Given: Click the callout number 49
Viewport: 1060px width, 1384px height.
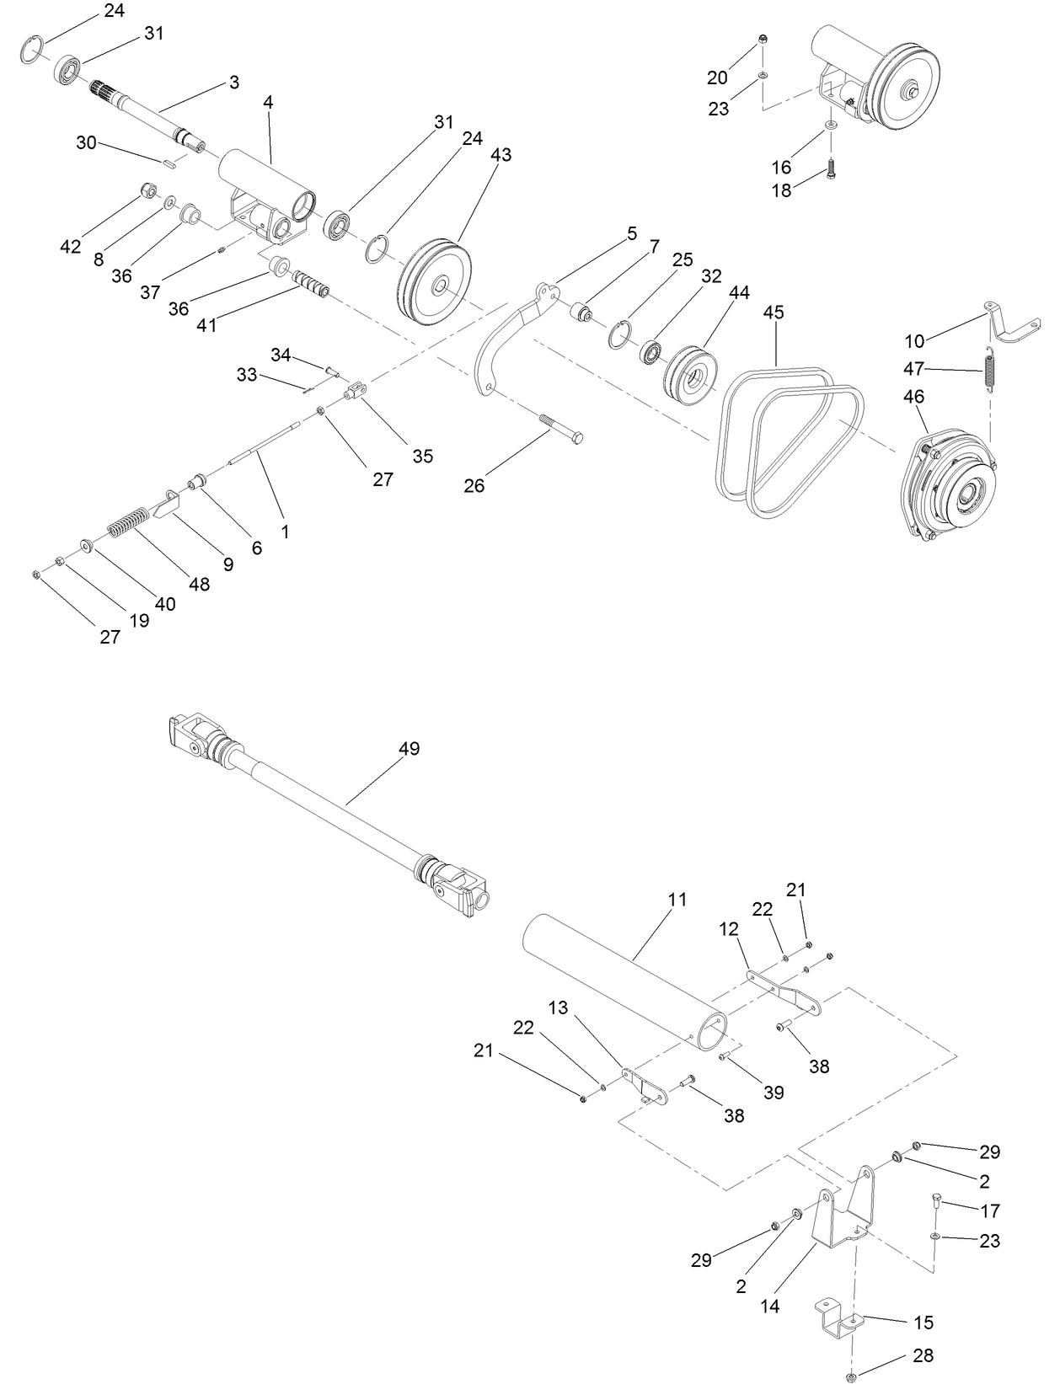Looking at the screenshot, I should pyautogui.click(x=409, y=748).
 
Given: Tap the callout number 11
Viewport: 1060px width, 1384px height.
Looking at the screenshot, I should pyautogui.click(x=677, y=899).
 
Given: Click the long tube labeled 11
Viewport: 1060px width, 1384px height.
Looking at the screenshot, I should pyautogui.click(x=624, y=982).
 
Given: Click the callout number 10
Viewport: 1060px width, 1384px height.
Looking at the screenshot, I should pyautogui.click(x=914, y=340).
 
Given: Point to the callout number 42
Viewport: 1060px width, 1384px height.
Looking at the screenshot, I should pyautogui.click(x=71, y=246).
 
